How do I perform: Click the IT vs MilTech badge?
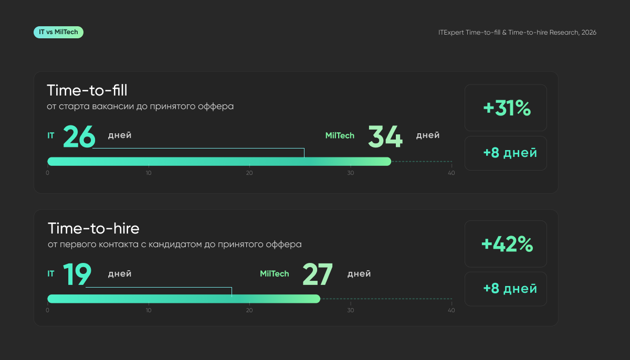tap(58, 33)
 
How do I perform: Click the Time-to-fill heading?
tap(87, 90)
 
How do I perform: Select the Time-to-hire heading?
tap(93, 228)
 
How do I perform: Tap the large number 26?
tap(79, 136)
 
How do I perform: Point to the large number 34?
tap(385, 136)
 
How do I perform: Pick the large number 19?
tap(77, 274)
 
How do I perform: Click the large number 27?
tap(318, 274)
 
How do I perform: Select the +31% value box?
tap(506, 108)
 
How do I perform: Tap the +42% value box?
tap(506, 243)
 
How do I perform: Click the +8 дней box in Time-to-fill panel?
tap(506, 153)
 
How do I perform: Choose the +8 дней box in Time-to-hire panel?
tap(506, 289)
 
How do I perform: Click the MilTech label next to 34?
tap(340, 135)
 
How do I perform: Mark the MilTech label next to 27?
tap(274, 273)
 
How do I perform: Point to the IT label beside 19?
tap(50, 273)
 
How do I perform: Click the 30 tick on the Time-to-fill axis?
tap(351, 173)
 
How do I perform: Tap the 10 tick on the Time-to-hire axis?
tap(149, 310)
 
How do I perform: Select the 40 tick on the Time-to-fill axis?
tap(451, 173)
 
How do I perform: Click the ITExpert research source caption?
tap(517, 33)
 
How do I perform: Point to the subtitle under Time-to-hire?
tap(175, 244)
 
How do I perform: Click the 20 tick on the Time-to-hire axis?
tap(249, 310)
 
